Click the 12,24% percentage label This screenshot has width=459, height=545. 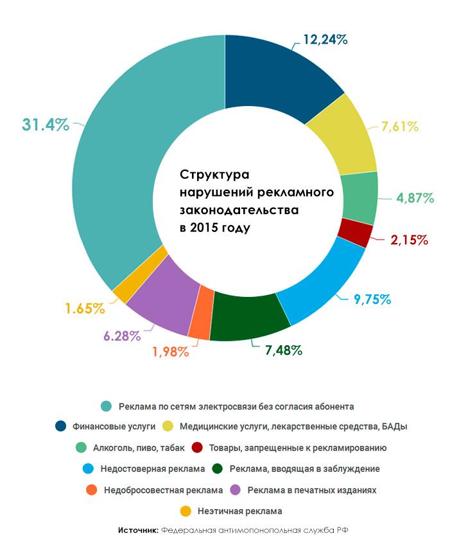(325, 40)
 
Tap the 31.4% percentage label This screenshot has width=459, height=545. (45, 125)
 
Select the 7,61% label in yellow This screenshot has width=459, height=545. (400, 127)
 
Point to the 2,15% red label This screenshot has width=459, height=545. (409, 240)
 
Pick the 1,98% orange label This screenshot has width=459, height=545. (170, 352)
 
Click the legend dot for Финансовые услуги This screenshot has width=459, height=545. (61, 426)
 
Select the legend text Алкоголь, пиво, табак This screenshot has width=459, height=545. (139, 447)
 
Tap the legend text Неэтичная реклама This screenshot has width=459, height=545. (239, 511)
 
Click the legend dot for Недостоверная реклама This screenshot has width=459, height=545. (89, 469)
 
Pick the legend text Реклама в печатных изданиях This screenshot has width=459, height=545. (312, 490)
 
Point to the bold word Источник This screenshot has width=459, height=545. (138, 531)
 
